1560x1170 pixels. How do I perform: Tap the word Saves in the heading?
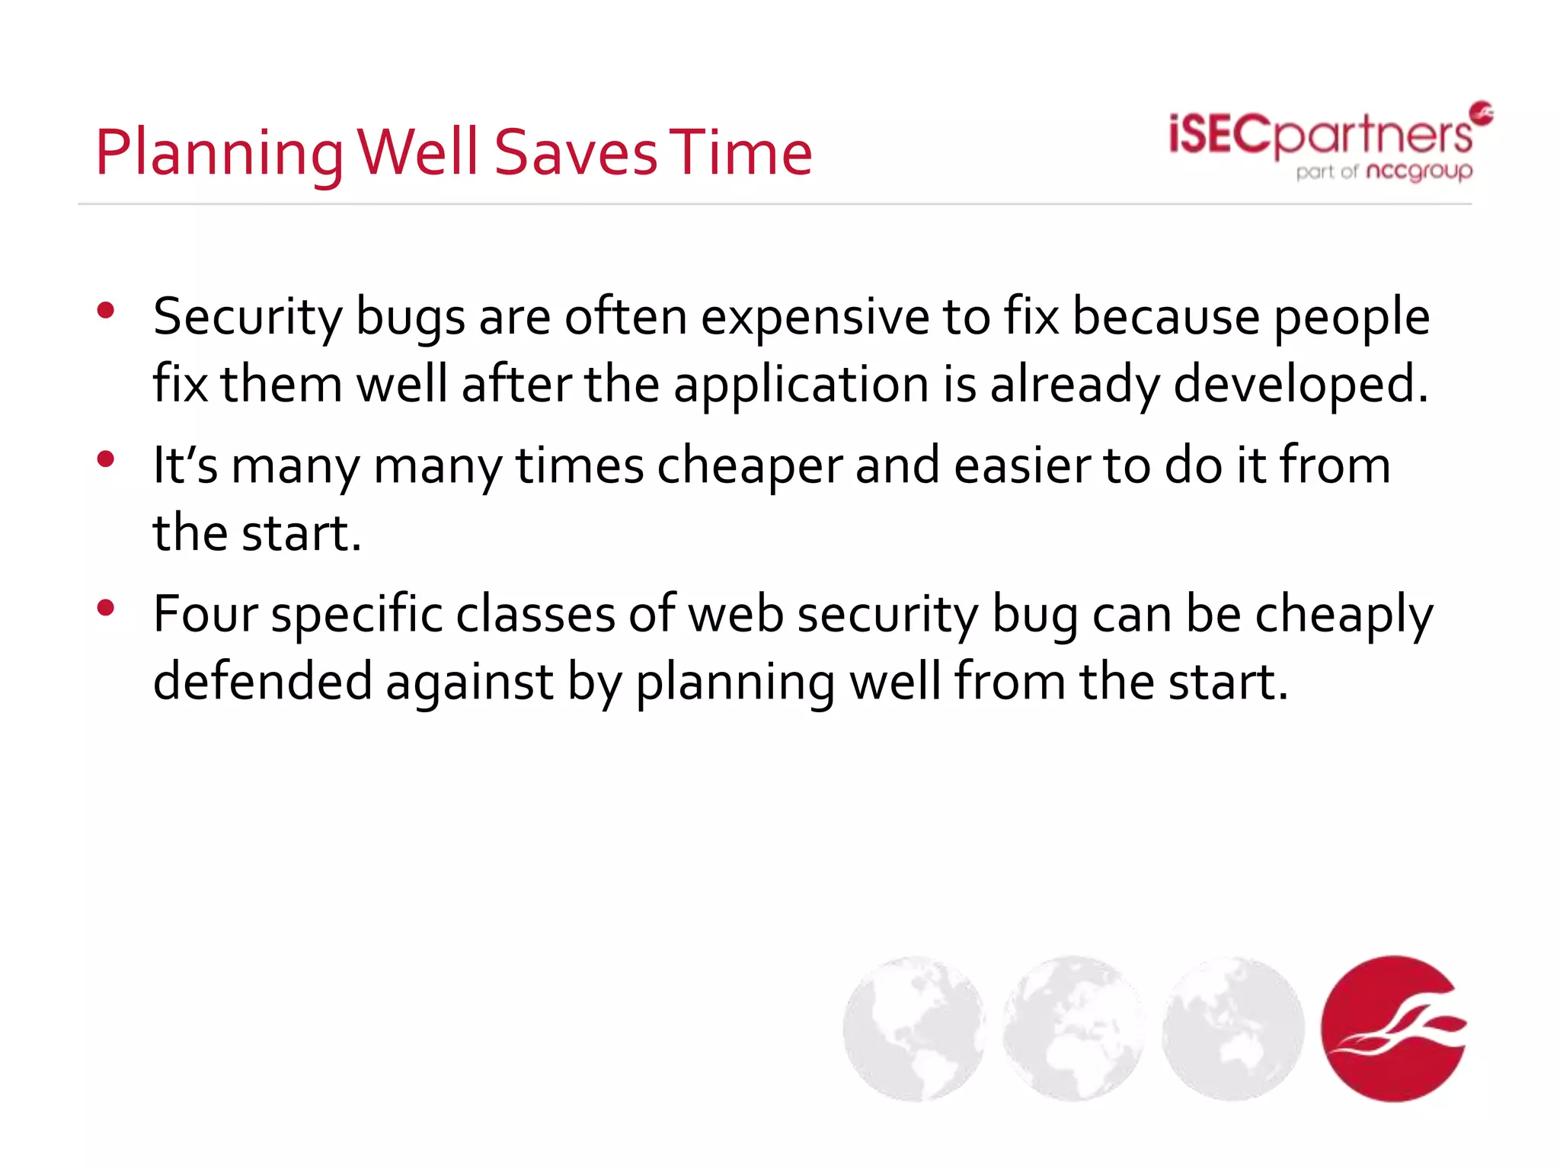pos(576,152)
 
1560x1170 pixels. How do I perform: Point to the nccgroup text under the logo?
pos(1419,171)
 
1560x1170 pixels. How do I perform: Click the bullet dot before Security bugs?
pos(106,310)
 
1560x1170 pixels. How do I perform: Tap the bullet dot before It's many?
pos(106,459)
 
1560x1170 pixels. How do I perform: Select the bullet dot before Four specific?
pos(106,607)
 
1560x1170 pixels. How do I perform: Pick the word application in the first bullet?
pos(801,385)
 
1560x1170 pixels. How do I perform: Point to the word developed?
pos(1300,383)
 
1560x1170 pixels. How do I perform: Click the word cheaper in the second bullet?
pos(750,465)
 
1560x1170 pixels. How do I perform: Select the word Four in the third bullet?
pos(205,614)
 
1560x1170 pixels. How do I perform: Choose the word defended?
pos(262,681)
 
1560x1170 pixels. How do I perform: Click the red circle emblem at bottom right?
pos(1393,1028)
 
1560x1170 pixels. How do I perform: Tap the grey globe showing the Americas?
pos(914,1028)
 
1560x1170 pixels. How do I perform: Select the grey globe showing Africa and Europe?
pos(1074,1028)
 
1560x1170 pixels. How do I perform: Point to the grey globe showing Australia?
pos(1233,1028)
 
